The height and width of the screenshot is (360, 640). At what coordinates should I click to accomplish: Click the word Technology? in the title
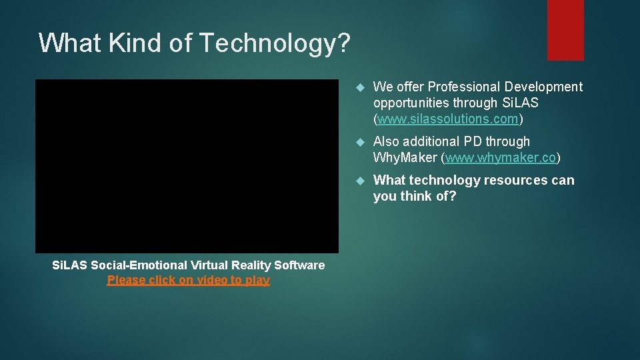pos(275,43)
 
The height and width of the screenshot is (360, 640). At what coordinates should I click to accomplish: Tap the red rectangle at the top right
pos(565,30)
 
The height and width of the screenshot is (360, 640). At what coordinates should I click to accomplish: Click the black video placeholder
pos(187,166)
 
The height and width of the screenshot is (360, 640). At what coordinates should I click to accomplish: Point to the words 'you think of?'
pos(415,197)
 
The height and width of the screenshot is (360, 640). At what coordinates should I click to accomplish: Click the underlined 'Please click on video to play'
pos(189,280)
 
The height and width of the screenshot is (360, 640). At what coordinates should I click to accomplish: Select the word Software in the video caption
pos(300,265)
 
